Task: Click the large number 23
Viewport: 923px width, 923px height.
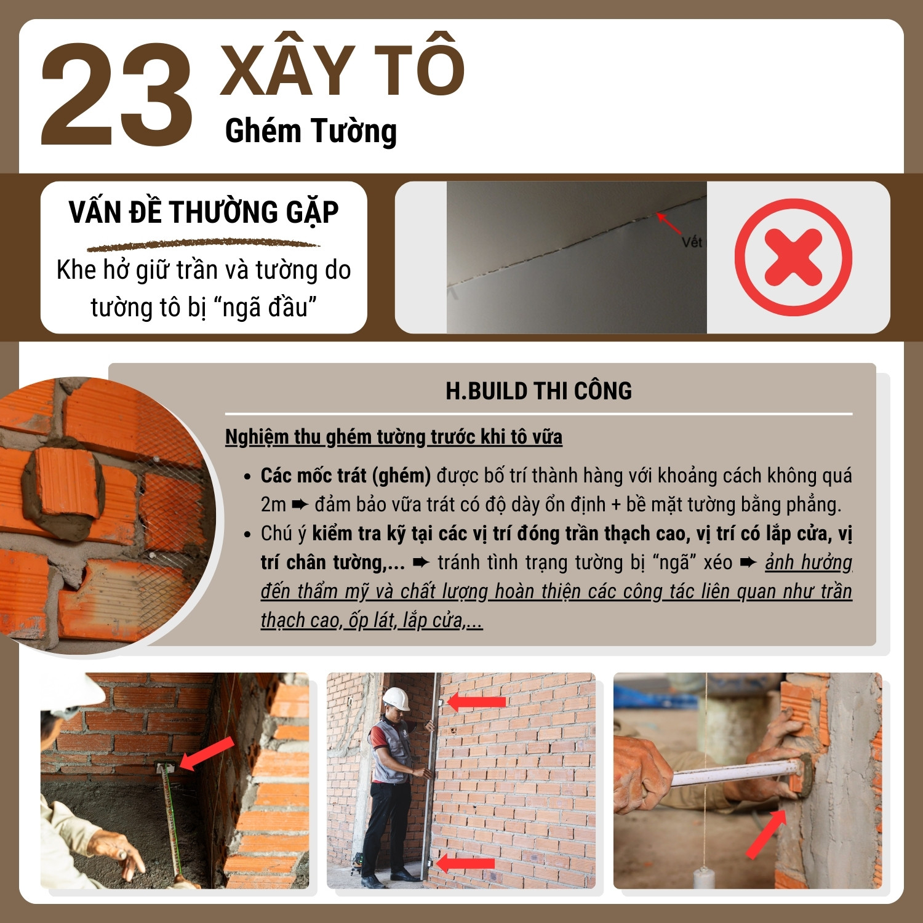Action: click(x=117, y=95)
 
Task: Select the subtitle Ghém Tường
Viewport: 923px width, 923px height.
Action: click(x=311, y=132)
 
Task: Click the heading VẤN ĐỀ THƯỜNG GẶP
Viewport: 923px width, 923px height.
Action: click(x=204, y=213)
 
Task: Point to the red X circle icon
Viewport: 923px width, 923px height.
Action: click(x=793, y=257)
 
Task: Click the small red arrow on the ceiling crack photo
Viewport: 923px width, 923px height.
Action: click(x=669, y=223)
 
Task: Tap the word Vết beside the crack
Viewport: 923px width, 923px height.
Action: click(x=692, y=242)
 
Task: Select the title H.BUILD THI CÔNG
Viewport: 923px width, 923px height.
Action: click(x=538, y=391)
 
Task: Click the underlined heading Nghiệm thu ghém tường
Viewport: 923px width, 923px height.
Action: click(x=394, y=437)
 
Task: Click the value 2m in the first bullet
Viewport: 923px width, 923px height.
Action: click(x=273, y=505)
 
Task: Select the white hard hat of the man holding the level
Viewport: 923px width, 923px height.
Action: click(x=396, y=699)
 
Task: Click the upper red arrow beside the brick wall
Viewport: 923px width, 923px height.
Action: click(x=477, y=701)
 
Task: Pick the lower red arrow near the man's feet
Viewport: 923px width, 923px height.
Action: click(x=465, y=863)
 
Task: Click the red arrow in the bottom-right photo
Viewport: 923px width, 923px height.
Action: click(x=766, y=834)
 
